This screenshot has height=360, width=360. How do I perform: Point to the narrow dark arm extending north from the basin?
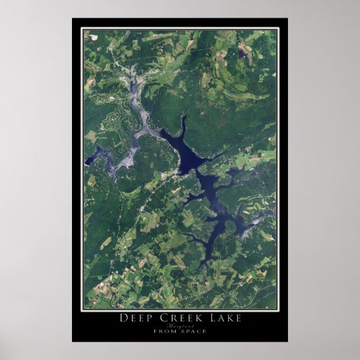click(x=182, y=126)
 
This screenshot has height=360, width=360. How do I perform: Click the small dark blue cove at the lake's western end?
click(x=90, y=160)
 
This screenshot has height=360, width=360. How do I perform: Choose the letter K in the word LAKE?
click(x=230, y=317)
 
